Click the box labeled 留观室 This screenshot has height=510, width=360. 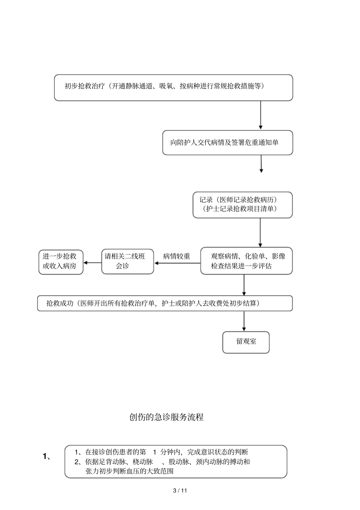click(246, 342)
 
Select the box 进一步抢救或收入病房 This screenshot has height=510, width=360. click(61, 261)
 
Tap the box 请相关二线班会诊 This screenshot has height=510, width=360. click(127, 261)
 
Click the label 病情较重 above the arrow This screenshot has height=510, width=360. click(177, 257)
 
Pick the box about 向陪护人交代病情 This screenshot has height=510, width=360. click(227, 143)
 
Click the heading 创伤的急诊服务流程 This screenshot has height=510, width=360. click(166, 417)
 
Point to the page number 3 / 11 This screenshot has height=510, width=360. click(180, 491)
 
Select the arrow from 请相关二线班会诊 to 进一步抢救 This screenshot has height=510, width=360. click(92, 263)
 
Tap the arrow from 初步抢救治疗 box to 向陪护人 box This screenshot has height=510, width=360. click(261, 116)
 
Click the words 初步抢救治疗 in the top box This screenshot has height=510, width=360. click(85, 86)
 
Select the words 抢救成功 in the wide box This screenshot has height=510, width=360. click(60, 303)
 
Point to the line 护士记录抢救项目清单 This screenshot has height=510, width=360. click(242, 209)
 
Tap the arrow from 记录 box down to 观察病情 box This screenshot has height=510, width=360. click(260, 232)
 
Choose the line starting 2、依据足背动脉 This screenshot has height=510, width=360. click(162, 462)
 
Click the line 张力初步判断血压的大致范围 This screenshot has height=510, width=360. click(129, 471)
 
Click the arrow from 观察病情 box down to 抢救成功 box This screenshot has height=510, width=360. click(244, 285)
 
